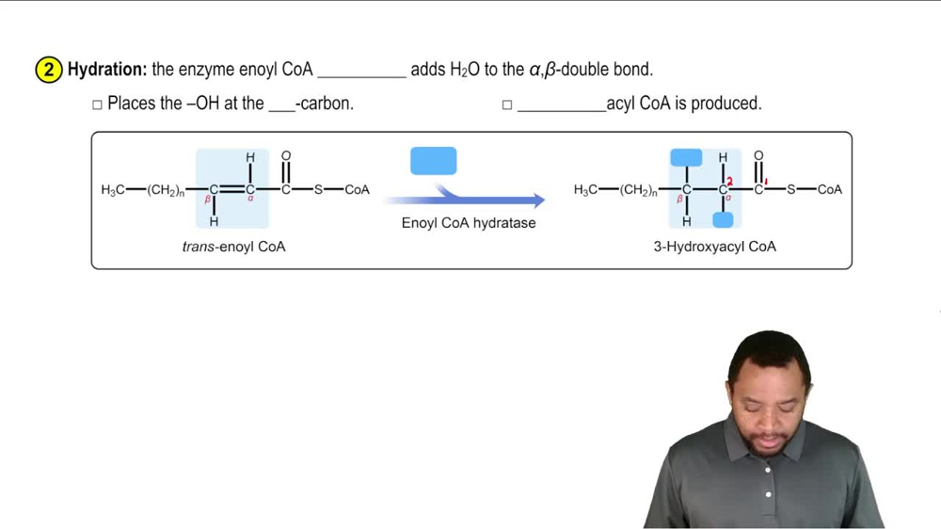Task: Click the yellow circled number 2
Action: click(48, 70)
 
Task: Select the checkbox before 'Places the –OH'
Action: click(97, 104)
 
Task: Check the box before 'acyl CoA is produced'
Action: click(507, 104)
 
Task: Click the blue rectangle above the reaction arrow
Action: click(434, 161)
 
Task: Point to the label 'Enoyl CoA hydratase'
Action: click(469, 223)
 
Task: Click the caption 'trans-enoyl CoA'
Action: click(233, 247)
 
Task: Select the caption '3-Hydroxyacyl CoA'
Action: click(715, 247)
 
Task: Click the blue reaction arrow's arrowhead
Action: click(536, 200)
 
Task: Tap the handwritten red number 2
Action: click(729, 181)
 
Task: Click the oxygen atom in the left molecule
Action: click(286, 155)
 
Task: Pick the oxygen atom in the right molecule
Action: click(759, 155)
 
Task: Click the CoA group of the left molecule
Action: click(357, 190)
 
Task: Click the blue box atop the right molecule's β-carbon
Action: click(686, 157)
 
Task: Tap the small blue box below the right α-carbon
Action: click(723, 219)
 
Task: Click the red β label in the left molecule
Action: click(208, 200)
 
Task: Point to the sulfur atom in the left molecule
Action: click(318, 190)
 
